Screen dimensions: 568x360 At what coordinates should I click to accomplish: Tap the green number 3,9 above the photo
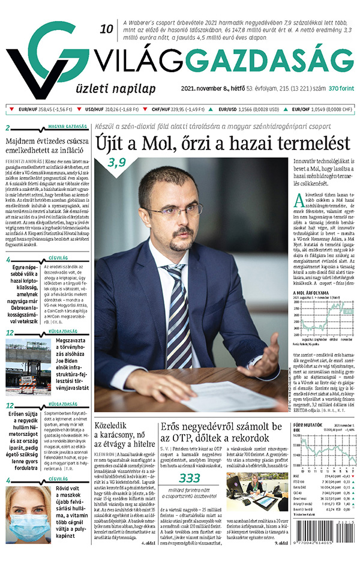coord(117,162)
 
